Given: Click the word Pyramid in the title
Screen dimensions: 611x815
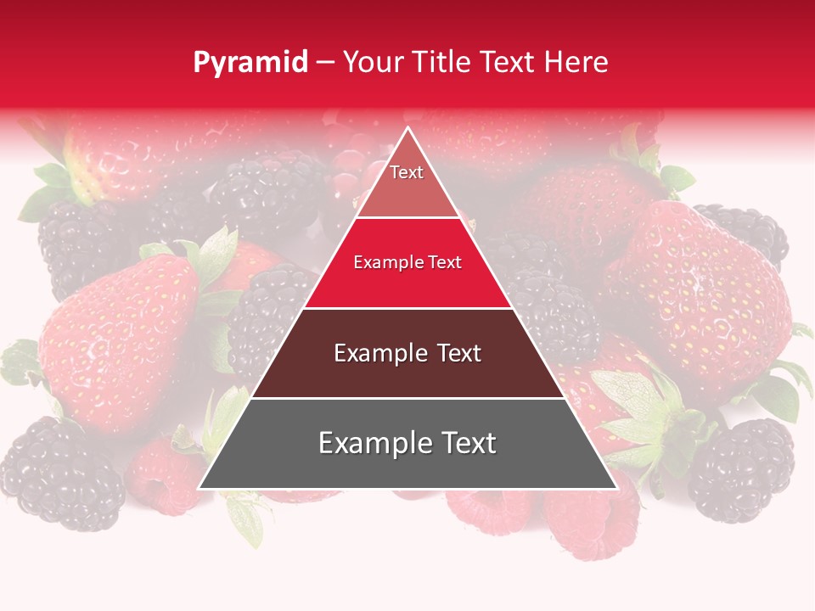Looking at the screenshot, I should (250, 63).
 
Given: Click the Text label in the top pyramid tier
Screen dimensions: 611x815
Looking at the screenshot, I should (407, 172).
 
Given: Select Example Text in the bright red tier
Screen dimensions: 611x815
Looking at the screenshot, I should (407, 262).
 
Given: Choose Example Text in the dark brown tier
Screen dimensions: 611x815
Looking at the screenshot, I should (407, 353).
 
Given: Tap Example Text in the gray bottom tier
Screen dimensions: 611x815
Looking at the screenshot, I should (407, 443).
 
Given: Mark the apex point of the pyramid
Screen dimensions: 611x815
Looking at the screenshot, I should (408, 128).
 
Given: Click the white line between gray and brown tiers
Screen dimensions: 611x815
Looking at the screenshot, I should (407, 398).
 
